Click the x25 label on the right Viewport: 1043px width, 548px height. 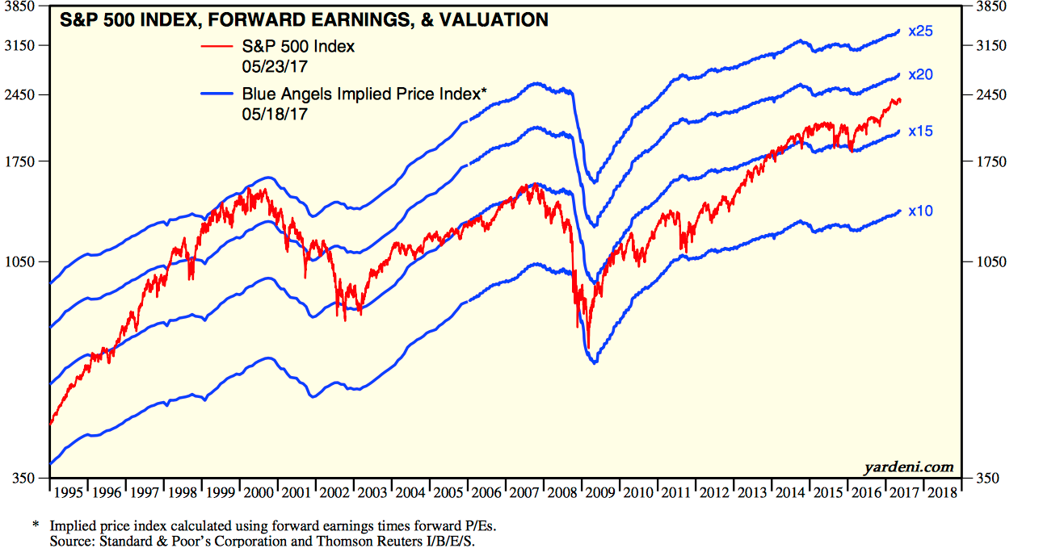[x=921, y=31]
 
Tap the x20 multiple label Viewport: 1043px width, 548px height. [x=921, y=75]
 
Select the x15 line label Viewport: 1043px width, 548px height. [x=921, y=131]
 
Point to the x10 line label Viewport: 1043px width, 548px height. [x=921, y=211]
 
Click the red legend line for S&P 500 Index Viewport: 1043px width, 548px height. [x=217, y=46]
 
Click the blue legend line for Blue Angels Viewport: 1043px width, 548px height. [x=217, y=94]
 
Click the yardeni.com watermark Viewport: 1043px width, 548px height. [x=908, y=466]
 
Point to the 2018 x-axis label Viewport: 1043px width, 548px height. [x=940, y=492]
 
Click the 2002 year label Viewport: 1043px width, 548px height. [x=334, y=492]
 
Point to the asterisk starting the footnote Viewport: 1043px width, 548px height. [x=36, y=525]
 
